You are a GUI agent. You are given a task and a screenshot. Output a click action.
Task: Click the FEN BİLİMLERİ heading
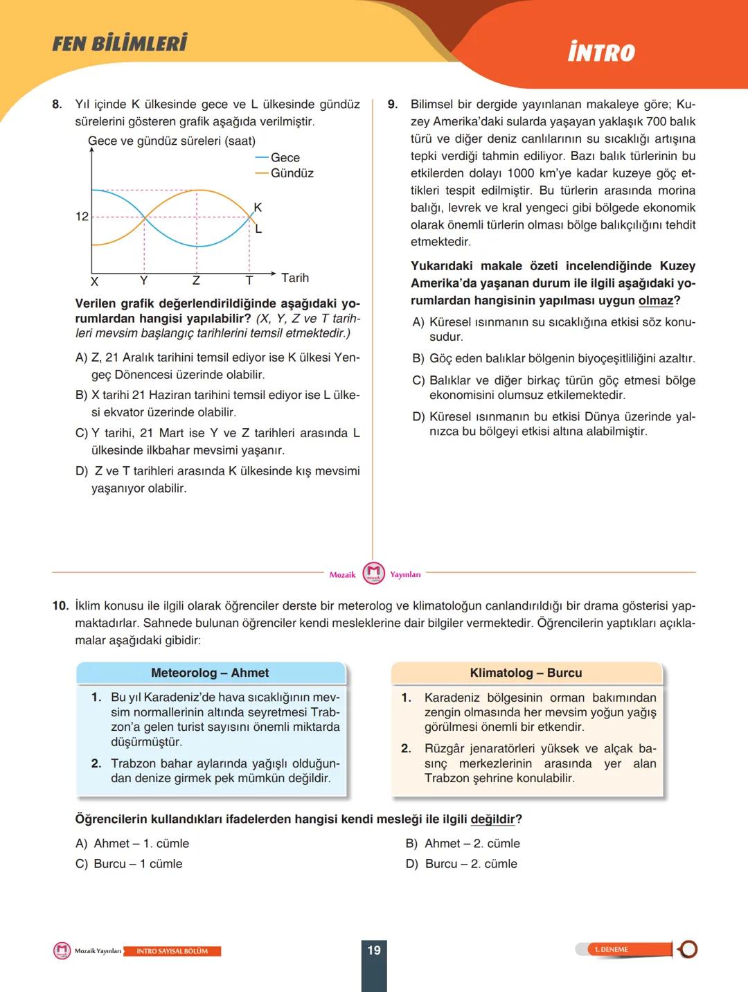coord(120,44)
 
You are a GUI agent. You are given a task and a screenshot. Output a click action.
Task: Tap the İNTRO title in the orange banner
coord(601,53)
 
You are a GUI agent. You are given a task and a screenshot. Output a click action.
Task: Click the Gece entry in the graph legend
coord(285,158)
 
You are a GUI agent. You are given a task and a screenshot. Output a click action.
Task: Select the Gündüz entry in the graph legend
coord(292,173)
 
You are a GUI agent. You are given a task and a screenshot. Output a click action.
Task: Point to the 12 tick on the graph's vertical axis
coord(82,217)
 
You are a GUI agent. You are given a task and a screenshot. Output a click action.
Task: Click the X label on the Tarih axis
coord(94,281)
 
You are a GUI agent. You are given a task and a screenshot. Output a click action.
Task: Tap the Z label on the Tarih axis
coord(196,281)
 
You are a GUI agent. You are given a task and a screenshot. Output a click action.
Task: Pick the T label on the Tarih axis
coord(249,281)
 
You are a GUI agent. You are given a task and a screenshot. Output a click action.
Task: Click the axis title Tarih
coord(295,278)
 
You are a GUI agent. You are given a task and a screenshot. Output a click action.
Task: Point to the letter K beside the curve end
coord(258,207)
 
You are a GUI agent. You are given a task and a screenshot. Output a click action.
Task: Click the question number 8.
coord(57,105)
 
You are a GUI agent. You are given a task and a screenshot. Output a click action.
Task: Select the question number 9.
coord(393,105)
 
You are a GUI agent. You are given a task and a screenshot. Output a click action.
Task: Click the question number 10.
coord(60,606)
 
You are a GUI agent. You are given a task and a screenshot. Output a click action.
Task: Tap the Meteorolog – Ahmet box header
coord(210,673)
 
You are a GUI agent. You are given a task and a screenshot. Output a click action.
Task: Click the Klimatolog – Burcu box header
coord(526,673)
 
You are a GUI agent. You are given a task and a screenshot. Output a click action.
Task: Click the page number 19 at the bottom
coord(374,950)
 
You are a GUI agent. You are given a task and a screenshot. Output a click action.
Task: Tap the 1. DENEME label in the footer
coord(611,950)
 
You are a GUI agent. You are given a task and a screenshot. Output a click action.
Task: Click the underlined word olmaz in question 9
coord(655,301)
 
